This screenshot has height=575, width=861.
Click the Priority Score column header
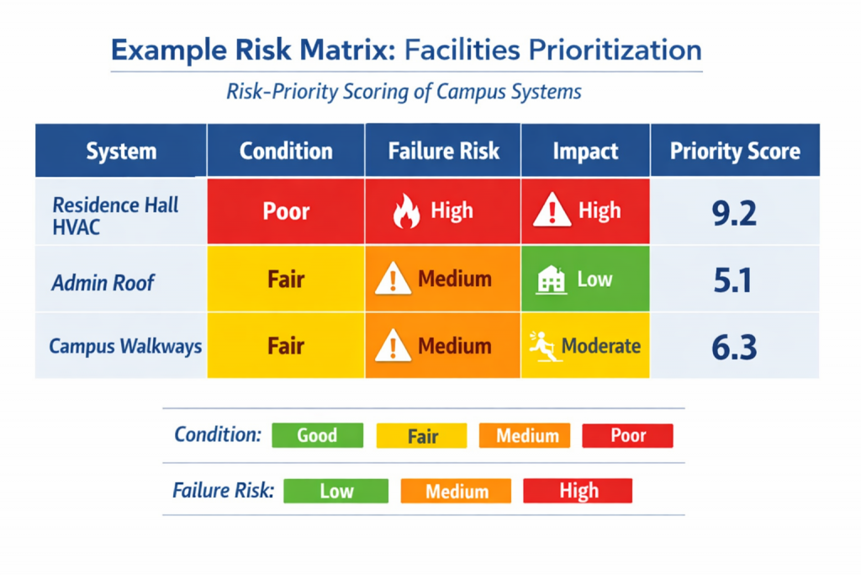pyautogui.click(x=734, y=152)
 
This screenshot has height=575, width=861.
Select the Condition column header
pyautogui.click(x=286, y=152)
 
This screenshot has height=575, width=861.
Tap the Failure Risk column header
pyautogui.click(x=443, y=152)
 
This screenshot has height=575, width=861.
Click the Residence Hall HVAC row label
pyautogui.click(x=115, y=216)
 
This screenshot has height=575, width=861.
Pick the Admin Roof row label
pyautogui.click(x=103, y=283)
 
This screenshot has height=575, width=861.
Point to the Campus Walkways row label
pyautogui.click(x=125, y=346)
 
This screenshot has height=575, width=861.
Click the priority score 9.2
pyautogui.click(x=733, y=212)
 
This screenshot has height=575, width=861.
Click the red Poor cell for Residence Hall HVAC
pyautogui.click(x=286, y=211)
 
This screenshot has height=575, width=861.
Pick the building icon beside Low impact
pyautogui.click(x=551, y=280)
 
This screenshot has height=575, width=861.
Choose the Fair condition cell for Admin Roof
pyautogui.click(x=286, y=280)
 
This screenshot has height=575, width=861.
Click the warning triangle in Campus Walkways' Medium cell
pyautogui.click(x=391, y=346)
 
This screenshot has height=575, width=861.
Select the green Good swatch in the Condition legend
pyautogui.click(x=317, y=435)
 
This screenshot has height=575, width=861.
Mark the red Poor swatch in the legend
pyautogui.click(x=627, y=435)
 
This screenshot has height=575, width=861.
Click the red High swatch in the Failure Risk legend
pyautogui.click(x=578, y=491)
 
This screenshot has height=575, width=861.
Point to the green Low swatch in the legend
pyautogui.click(x=335, y=491)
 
